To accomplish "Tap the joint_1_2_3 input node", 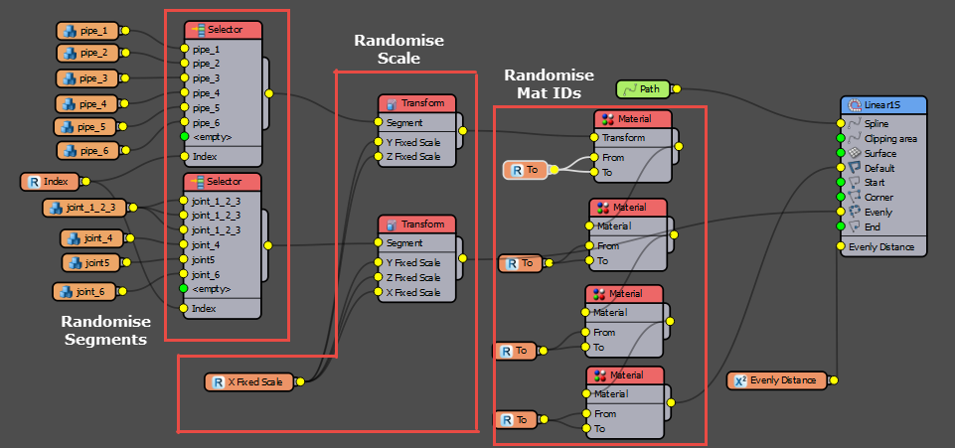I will point(84,208).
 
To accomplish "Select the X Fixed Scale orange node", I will point(249,381).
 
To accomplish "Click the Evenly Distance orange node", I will point(776,379).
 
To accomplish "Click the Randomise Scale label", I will point(398,49).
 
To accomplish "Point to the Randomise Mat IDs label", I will point(549,84).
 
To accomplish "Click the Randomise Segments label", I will point(105,330).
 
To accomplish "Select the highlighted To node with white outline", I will point(526,171).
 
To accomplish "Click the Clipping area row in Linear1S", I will point(890,139).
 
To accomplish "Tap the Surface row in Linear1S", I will point(879,154).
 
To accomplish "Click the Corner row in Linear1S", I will point(878,198).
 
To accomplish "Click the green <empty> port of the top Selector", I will point(185,136).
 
